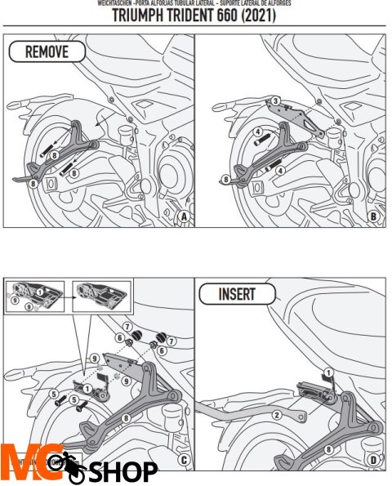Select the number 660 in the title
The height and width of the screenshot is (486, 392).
(247, 17)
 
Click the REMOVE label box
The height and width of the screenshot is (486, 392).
(47, 53)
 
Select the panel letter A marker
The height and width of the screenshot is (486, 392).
(184, 216)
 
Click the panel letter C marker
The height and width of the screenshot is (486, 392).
(184, 459)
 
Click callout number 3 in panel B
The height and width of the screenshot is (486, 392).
(276, 100)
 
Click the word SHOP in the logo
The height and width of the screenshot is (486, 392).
(123, 471)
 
